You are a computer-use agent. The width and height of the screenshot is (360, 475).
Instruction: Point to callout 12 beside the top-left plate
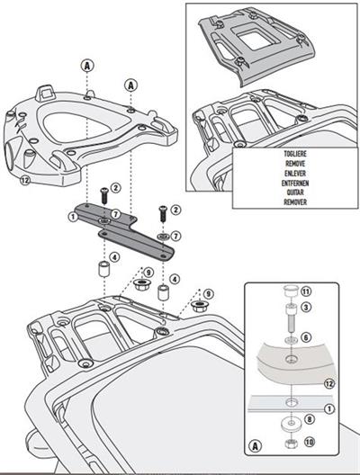click(x=24, y=180)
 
